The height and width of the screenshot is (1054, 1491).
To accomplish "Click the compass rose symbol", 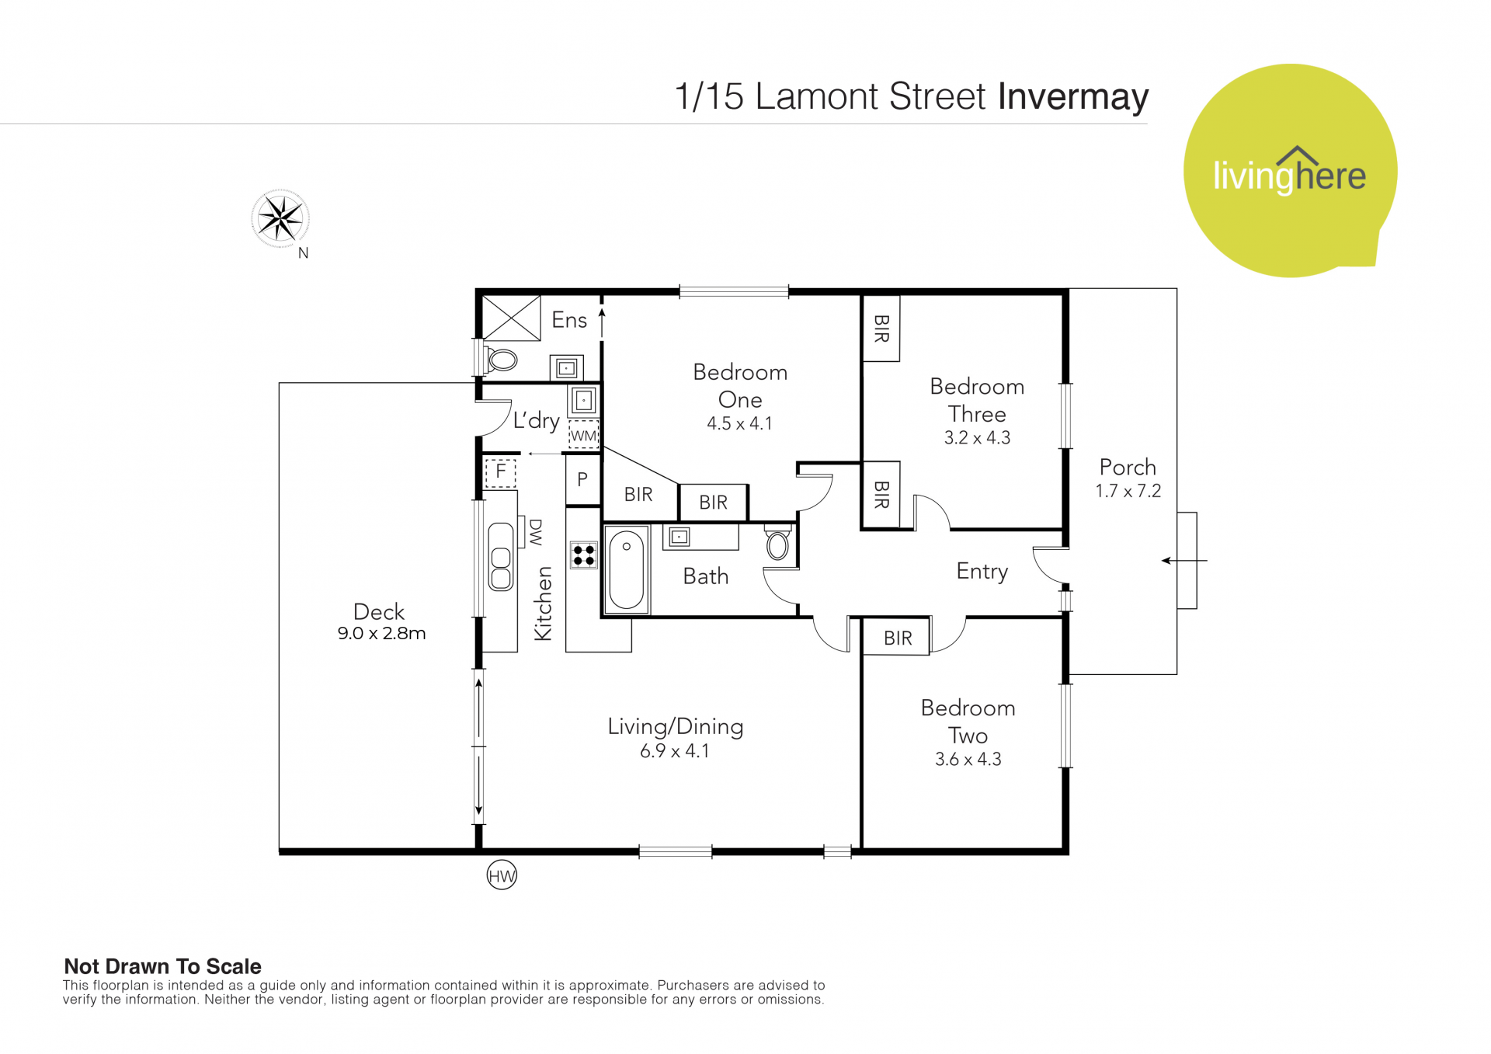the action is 280,218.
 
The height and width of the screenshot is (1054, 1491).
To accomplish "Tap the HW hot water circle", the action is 502,876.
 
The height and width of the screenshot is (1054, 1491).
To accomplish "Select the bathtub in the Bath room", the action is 627,570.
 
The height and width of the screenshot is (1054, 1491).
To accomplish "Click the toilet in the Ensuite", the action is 501,360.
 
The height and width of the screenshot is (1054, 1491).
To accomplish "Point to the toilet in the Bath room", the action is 777,543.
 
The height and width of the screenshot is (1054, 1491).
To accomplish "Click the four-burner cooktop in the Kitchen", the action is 584,555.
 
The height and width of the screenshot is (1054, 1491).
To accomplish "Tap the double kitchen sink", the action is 501,557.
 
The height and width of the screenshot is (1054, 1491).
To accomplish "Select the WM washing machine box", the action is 584,436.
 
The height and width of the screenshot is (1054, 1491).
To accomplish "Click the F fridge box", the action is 501,471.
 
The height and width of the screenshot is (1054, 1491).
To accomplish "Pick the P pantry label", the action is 582,479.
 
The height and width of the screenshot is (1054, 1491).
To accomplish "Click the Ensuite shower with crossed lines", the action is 512,318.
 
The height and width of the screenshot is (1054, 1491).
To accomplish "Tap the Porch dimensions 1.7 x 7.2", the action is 1128,491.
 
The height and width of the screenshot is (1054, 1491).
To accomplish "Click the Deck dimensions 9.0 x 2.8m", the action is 381,633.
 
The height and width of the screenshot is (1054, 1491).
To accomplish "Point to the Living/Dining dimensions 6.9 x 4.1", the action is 675,751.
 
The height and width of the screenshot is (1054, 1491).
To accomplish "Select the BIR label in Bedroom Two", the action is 898,638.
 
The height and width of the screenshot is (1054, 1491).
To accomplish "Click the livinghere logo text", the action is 1289,175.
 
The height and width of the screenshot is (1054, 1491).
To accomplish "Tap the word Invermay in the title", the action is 1073,97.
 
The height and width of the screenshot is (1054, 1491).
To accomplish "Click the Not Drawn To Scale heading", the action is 162,966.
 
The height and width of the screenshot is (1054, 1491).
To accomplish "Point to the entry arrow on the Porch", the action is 1184,561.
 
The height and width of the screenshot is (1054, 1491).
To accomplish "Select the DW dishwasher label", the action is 536,533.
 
